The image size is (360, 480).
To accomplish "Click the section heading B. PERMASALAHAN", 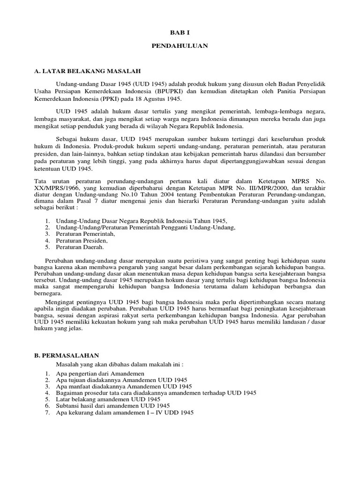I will pyautogui.click(x=67, y=356).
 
